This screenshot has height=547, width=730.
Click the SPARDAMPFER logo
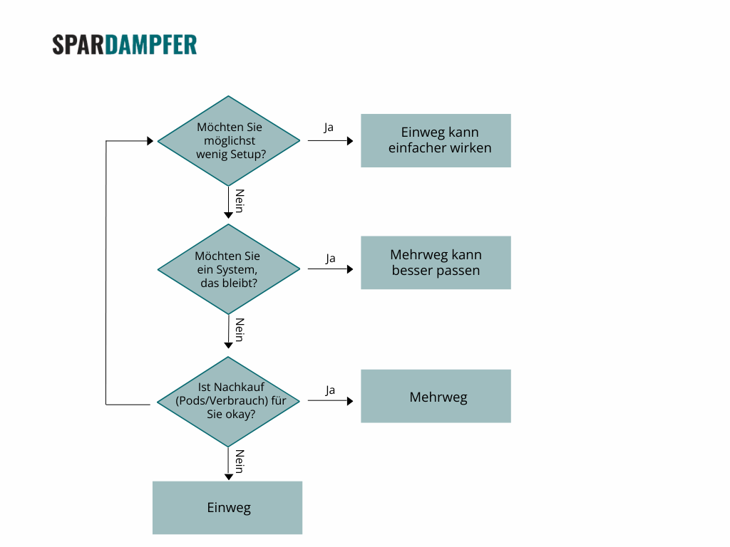[125, 45]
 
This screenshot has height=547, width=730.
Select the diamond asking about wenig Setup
[229, 141]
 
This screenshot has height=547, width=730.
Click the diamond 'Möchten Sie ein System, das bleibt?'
[229, 269]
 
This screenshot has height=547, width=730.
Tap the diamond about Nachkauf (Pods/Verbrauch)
[229, 402]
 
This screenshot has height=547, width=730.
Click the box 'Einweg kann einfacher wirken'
[436, 140]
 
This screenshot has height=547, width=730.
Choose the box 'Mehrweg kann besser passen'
[436, 263]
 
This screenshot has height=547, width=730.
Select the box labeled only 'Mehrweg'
[436, 396]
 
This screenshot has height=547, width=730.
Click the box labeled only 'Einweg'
[227, 508]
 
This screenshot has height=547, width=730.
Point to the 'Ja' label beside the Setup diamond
[329, 127]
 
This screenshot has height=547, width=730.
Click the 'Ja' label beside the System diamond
[330, 258]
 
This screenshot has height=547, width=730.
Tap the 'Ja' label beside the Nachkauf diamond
[330, 390]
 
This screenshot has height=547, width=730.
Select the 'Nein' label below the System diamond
[240, 330]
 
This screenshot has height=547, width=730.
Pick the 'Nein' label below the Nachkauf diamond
[240, 462]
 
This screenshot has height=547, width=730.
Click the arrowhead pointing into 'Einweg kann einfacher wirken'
[350, 141]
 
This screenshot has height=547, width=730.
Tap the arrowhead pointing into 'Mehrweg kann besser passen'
[350, 269]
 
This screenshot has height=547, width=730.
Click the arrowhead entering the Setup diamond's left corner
[150, 141]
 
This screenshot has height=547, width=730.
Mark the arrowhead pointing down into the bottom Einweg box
[228, 476]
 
